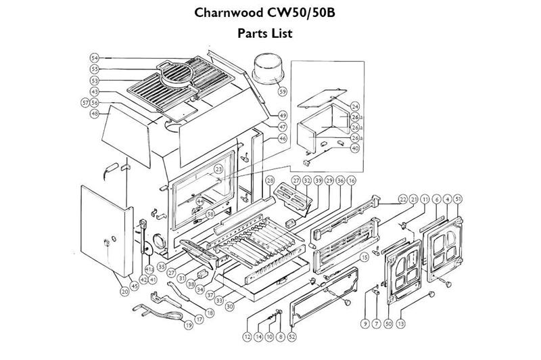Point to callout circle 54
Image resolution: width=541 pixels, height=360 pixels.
point(95,58)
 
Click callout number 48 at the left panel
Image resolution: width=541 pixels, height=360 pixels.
point(95,114)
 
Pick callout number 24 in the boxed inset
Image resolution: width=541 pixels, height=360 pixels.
point(355,107)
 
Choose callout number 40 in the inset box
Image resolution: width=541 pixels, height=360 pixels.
point(355,149)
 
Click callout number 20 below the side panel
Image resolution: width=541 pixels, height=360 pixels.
point(124,292)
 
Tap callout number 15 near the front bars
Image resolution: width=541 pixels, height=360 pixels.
point(364,258)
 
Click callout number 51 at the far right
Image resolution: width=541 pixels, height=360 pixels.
point(458,198)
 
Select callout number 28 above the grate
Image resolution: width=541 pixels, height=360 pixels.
point(269,181)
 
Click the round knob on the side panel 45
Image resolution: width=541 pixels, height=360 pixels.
point(107,242)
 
